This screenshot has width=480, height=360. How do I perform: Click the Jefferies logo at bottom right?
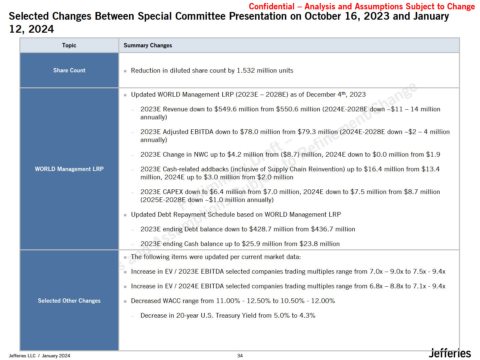(x=450, y=353)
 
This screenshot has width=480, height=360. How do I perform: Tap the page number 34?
(x=240, y=356)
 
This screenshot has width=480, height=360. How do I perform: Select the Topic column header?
(x=69, y=45)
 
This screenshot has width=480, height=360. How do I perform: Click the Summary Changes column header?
(x=148, y=45)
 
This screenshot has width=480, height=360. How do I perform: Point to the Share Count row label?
(x=69, y=70)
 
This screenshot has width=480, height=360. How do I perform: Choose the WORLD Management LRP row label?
(x=69, y=169)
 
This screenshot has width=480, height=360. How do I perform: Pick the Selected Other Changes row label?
(x=69, y=301)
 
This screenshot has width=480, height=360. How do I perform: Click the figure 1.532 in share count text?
(x=246, y=71)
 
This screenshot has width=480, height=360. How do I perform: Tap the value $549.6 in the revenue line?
(x=225, y=109)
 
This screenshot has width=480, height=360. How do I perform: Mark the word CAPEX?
(x=173, y=192)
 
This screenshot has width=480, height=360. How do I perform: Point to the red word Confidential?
(x=271, y=7)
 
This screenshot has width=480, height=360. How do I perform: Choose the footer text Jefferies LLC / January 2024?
(x=39, y=356)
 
